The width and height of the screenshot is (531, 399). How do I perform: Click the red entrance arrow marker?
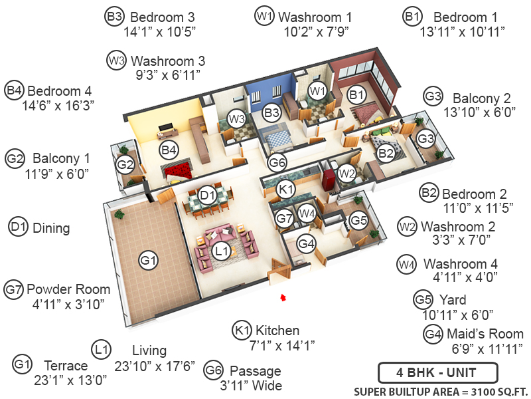coord(283,297)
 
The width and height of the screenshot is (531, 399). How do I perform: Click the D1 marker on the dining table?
coord(208,195)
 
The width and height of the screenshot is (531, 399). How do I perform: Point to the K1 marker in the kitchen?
coord(286,190)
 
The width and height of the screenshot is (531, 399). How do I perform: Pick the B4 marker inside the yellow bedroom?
coord(169,150)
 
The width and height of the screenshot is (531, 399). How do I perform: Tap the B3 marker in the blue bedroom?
coord(271,112)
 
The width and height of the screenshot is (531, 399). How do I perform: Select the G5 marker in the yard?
coord(358,219)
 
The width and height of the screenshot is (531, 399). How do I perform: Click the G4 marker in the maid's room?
coord(306,244)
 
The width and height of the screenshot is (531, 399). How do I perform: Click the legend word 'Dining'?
coord(51,227)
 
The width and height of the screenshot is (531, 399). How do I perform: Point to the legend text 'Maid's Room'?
coord(484,334)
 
